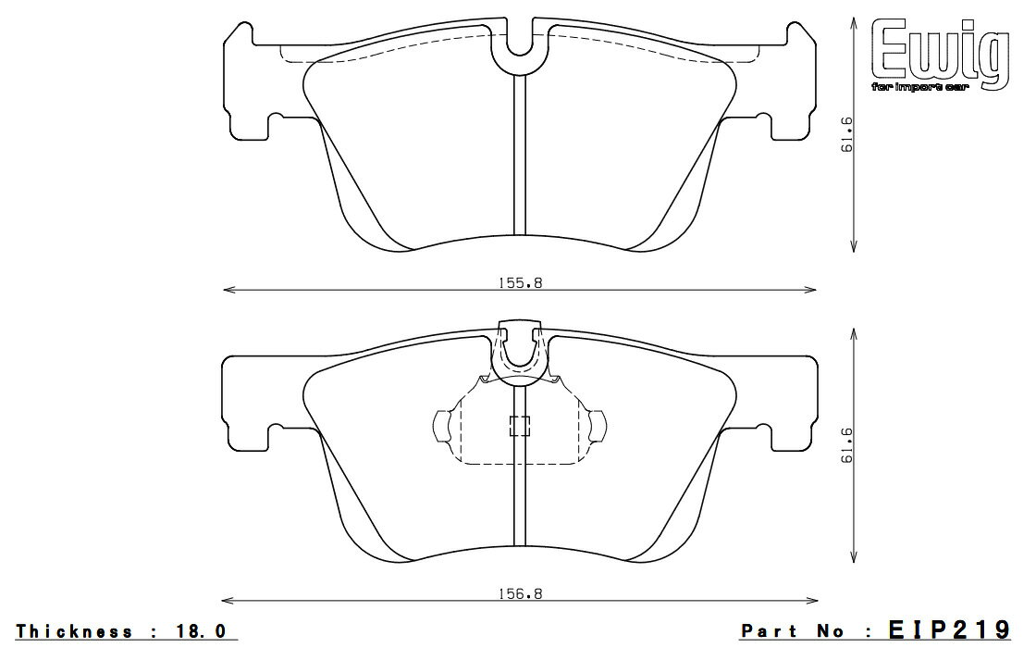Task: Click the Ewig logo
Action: (940, 52)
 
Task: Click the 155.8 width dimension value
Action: (520, 283)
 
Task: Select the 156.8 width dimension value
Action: (520, 593)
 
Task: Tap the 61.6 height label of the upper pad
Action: (846, 134)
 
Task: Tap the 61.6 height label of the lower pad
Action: (846, 445)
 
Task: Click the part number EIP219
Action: (949, 629)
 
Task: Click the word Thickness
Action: (74, 631)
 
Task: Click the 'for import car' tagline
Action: (919, 87)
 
